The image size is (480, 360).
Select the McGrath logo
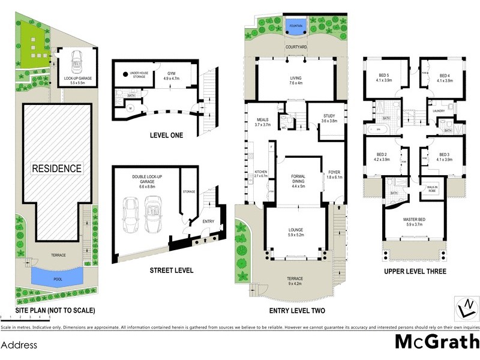coord(436,341)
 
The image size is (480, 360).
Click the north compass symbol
coord(463,308)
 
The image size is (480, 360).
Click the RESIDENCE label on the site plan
coord(57,169)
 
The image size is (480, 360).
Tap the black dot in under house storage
coord(126,75)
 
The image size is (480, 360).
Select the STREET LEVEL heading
coord(171,271)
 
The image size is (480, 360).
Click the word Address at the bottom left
coord(19,346)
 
